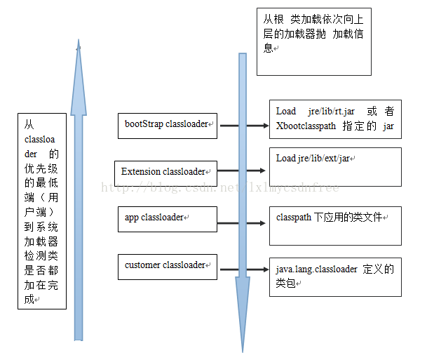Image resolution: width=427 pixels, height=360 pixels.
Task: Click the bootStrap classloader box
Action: coord(168,124)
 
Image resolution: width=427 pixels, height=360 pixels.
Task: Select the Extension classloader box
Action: coord(164,171)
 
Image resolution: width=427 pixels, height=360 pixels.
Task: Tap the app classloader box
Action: coord(168,218)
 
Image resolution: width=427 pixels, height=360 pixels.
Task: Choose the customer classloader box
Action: coord(168,266)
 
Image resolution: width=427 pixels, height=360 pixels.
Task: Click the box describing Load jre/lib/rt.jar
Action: coord(334,119)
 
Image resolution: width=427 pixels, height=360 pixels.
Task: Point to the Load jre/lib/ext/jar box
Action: coord(334,166)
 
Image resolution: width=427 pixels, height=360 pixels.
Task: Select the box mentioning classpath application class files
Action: coord(334,225)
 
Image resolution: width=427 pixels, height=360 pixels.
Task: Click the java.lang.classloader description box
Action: coord(334,276)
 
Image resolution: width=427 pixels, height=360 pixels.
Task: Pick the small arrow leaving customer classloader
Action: coord(243,268)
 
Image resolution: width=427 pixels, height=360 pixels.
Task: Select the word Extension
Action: coord(140,171)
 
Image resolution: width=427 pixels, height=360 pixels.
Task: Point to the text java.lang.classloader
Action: coord(317,269)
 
